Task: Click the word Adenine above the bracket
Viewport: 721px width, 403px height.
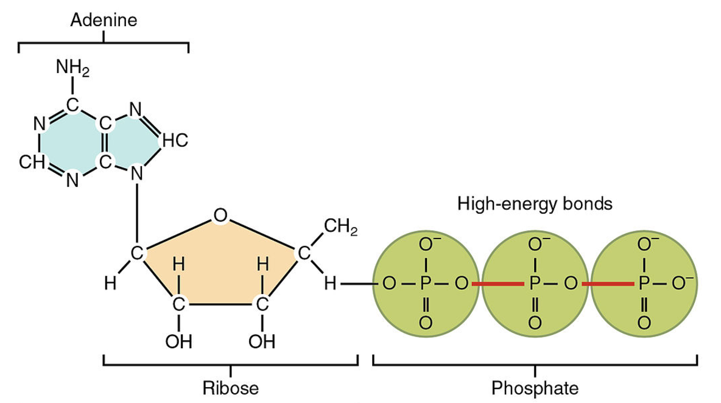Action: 104,21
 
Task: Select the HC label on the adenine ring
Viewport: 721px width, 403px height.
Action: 174,141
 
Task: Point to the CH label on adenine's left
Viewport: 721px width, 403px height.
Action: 30,161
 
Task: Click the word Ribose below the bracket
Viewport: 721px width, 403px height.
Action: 230,387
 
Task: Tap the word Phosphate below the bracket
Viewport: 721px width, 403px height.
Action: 535,387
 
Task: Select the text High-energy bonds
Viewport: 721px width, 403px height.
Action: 534,204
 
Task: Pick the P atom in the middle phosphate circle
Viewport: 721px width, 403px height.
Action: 534,284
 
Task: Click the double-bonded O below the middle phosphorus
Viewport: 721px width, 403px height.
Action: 534,321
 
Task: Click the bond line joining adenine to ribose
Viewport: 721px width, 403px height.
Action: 137,213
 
